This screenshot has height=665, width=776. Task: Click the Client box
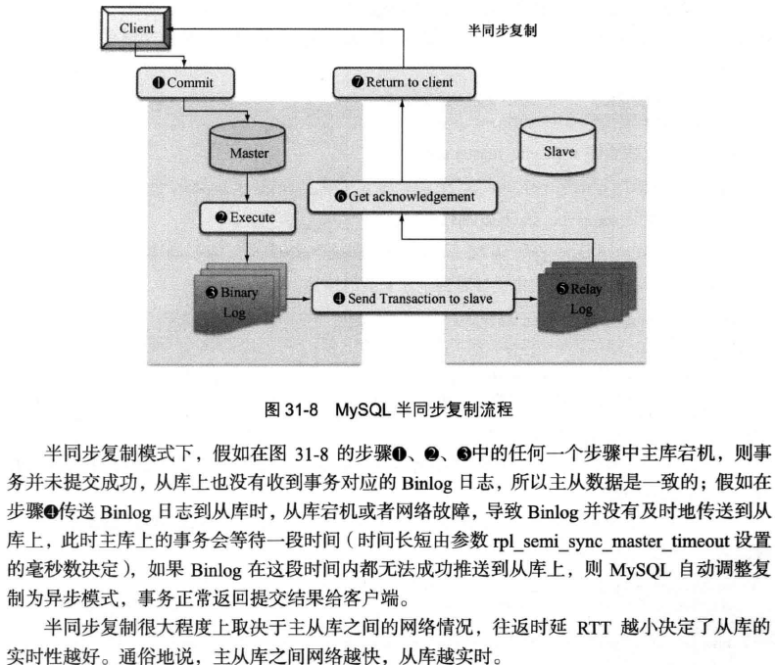tap(136, 28)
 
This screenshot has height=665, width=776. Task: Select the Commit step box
tap(185, 82)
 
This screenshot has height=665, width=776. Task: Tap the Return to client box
tap(404, 82)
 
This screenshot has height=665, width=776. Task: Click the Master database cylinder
tap(248, 148)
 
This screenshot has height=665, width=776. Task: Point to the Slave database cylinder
tap(558, 146)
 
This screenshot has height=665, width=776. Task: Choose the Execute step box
tap(248, 217)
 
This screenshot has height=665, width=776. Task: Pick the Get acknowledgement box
tap(402, 197)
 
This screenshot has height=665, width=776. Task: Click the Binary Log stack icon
tap(239, 299)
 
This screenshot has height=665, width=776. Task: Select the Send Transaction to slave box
tap(412, 299)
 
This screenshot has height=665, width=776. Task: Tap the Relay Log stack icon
tap(587, 298)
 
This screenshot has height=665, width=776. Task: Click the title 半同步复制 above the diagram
tap(503, 30)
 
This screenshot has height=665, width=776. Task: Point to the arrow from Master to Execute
tap(248, 187)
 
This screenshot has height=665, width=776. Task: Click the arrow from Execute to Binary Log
tap(248, 248)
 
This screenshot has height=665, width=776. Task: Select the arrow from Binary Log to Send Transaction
tap(299, 299)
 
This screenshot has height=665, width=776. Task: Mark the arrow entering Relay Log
tap(526, 299)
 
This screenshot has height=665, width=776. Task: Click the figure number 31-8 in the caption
tap(302, 409)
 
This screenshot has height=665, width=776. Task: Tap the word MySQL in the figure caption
tap(363, 409)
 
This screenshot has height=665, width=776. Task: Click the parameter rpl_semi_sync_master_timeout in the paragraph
tap(611, 541)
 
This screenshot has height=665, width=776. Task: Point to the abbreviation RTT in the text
tap(594, 628)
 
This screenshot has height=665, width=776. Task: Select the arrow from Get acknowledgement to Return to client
tap(402, 140)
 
